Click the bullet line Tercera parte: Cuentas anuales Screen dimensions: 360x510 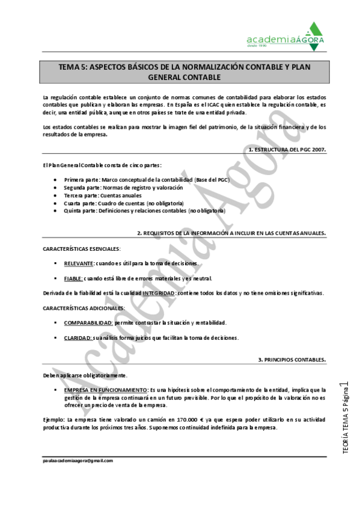[103, 195]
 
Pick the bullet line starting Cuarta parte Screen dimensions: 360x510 [123, 203]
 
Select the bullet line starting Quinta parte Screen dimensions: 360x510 [144, 211]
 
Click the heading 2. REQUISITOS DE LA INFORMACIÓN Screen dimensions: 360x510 [231, 233]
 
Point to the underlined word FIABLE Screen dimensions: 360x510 [73, 278]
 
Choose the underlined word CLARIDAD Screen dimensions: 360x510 [78, 338]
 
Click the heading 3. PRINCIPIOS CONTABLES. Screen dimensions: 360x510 [292, 360]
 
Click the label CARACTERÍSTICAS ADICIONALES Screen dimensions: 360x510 [84, 308]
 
